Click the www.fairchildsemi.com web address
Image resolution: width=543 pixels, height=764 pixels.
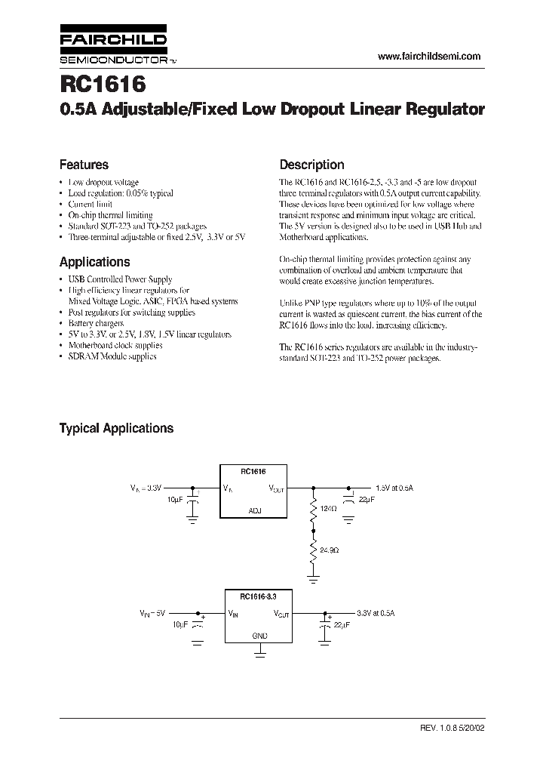pyautogui.click(x=428, y=57)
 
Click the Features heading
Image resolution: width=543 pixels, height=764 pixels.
pyautogui.click(x=84, y=165)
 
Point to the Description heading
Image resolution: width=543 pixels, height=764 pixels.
pyautogui.click(x=311, y=165)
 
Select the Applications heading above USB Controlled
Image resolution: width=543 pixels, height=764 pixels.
pyautogui.click(x=94, y=262)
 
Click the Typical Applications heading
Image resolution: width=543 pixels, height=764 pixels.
pyautogui.click(x=116, y=428)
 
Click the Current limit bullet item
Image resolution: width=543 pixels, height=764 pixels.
pyautogui.click(x=90, y=204)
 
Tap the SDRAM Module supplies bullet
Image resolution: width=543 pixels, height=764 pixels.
pyautogui.click(x=112, y=356)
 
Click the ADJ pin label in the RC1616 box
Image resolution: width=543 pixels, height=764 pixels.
pyautogui.click(x=254, y=510)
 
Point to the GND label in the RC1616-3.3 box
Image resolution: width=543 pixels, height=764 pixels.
pyautogui.click(x=259, y=636)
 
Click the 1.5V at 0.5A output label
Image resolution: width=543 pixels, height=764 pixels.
pyautogui.click(x=394, y=488)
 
